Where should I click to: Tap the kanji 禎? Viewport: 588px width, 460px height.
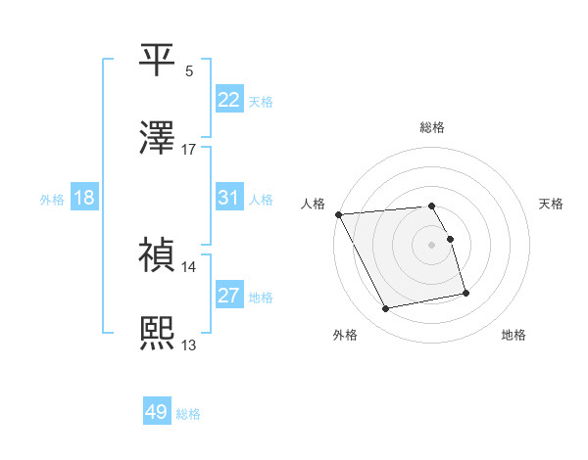(158, 255)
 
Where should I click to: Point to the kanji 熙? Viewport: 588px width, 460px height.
(158, 334)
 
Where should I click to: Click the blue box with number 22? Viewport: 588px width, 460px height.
(228, 100)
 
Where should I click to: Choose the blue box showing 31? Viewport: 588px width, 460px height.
(228, 198)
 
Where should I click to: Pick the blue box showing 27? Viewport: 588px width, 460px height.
(228, 296)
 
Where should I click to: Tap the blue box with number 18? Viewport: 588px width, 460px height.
(83, 198)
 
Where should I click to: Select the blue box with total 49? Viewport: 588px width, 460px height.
(157, 412)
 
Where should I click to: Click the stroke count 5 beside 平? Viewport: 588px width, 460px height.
(188, 71)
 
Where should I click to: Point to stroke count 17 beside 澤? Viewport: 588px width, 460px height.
(188, 150)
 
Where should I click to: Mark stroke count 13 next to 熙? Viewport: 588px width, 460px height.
(188, 345)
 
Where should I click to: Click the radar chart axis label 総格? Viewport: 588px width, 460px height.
(432, 128)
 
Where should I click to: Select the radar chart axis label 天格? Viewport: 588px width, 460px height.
(552, 205)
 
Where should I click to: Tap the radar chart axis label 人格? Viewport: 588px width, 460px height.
(314, 205)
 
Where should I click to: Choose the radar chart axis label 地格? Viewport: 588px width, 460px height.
(514, 336)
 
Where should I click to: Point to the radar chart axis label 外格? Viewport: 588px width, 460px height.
(345, 336)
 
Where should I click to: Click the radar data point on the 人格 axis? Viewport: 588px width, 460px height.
(338, 214)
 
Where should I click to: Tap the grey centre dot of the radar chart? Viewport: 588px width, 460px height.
(432, 245)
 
